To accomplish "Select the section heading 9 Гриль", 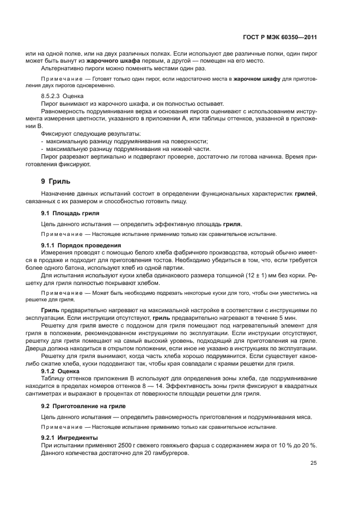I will coord(57,181).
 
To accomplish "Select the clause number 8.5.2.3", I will coord(52,96).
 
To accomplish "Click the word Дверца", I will coord(53,349).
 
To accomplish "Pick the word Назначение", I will coord(59,195).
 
